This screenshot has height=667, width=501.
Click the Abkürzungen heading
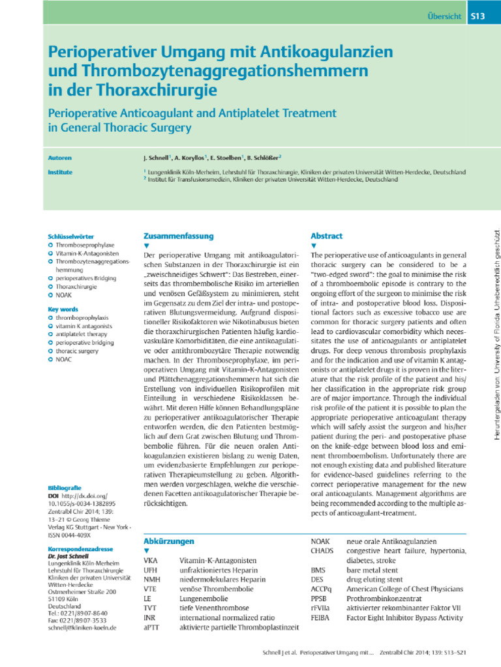[168, 541]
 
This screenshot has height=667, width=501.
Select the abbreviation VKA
[150, 560]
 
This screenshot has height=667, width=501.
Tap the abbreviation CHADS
[322, 550]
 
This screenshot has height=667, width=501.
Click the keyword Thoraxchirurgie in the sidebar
[76, 286]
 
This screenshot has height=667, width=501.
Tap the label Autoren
[60, 158]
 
